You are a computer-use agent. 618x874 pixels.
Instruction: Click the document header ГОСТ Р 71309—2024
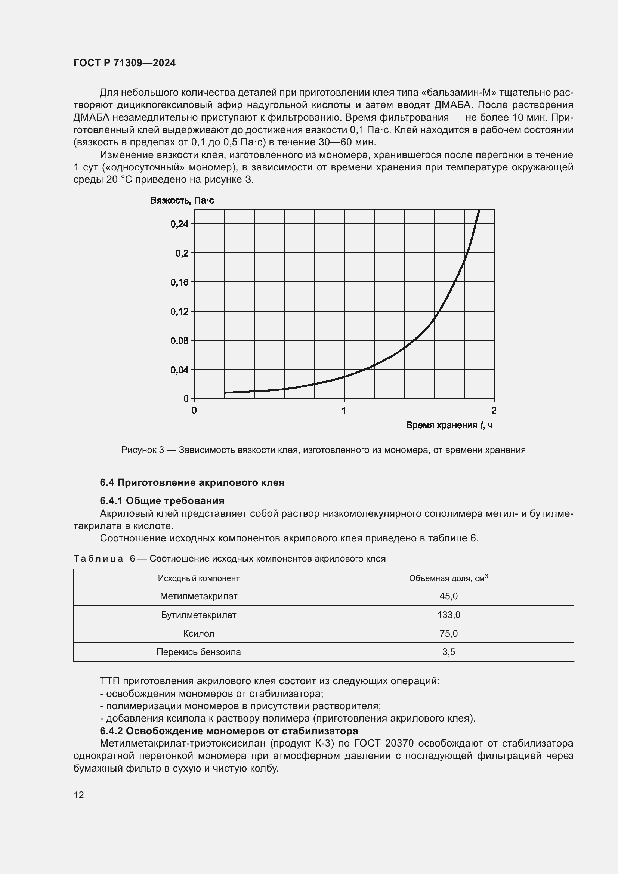pos(124,63)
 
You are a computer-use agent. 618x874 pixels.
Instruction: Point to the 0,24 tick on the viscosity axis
pos(180,224)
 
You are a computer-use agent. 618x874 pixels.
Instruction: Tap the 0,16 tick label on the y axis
pos(180,282)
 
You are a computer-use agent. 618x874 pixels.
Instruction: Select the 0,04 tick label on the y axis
pos(180,370)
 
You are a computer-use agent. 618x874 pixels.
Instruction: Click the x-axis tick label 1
pos(344,410)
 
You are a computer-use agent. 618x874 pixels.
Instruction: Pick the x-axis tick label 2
pos(494,410)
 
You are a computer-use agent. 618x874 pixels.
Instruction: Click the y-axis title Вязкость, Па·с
pos(182,200)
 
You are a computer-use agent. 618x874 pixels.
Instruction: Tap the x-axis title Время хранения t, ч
pos(449,425)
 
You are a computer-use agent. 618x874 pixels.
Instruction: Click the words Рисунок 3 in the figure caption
pos(142,450)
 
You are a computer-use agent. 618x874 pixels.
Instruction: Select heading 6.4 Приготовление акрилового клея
pos(192,483)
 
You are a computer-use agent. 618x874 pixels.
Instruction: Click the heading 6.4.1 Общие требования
pos(162,501)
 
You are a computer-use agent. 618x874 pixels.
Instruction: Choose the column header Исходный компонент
pos(199,578)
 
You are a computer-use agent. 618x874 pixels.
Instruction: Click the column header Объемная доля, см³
pos(448,578)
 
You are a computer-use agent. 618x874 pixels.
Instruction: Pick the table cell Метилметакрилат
pos(199,596)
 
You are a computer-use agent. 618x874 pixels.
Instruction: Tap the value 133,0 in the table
pos(449,615)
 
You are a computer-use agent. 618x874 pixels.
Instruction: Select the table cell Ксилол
pos(199,634)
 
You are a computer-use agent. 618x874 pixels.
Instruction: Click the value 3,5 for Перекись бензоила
pos(449,652)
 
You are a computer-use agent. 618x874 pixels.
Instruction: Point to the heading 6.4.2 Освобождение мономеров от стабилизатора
pos(229,731)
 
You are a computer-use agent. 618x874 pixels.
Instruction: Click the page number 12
pos(79,795)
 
